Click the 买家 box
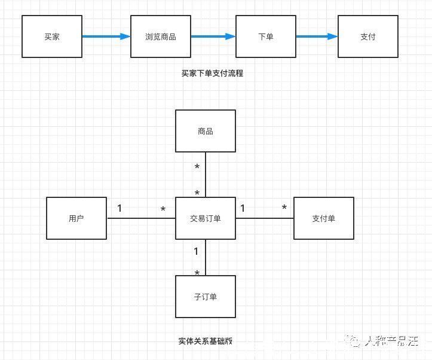(x=52, y=36)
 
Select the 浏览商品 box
(x=161, y=36)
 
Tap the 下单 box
(x=265, y=36)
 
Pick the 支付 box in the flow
(x=368, y=36)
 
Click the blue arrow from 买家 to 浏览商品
(x=106, y=36)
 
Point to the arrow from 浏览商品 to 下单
(x=213, y=36)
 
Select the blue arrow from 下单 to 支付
(x=317, y=36)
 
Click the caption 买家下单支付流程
(x=212, y=74)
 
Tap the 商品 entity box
(x=206, y=131)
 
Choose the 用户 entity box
(x=76, y=218)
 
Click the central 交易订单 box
(x=206, y=218)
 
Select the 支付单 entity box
(x=323, y=218)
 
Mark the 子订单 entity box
(x=206, y=297)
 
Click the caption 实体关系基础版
(x=205, y=341)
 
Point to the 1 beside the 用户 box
(x=120, y=208)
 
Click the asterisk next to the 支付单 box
(x=284, y=208)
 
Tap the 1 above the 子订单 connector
(x=196, y=252)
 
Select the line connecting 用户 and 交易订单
(x=140, y=218)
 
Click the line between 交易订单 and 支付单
(x=264, y=218)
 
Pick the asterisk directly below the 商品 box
(x=197, y=167)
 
